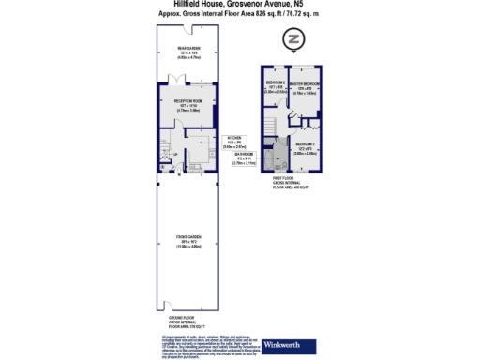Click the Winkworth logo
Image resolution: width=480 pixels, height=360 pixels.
[x=286, y=342]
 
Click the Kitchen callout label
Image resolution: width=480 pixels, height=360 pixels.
[x=233, y=142]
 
